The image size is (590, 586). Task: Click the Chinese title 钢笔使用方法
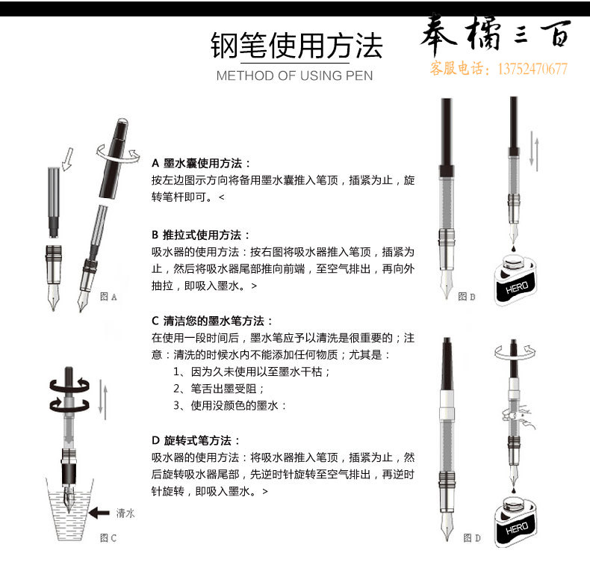(296, 45)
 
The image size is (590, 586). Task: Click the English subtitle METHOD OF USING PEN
(294, 75)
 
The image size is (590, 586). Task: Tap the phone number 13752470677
(532, 69)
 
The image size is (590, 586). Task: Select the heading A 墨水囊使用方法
(201, 164)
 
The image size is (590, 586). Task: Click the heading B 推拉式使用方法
(201, 235)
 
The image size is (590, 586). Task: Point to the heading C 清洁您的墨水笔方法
(212, 321)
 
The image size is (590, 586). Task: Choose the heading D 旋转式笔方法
(196, 440)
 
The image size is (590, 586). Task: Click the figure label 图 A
(109, 297)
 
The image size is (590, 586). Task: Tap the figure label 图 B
(467, 297)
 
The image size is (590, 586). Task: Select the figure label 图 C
(108, 538)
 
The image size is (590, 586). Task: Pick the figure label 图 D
(472, 538)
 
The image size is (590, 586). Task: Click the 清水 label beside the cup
(125, 513)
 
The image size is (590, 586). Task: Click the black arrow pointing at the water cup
(99, 513)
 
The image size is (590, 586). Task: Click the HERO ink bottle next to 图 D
(515, 522)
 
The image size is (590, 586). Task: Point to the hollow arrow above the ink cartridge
(68, 158)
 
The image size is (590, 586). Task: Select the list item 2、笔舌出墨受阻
(219, 389)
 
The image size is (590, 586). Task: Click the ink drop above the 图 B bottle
(514, 249)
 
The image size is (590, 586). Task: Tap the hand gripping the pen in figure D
(518, 417)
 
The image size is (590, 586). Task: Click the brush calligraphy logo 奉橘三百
(496, 34)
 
